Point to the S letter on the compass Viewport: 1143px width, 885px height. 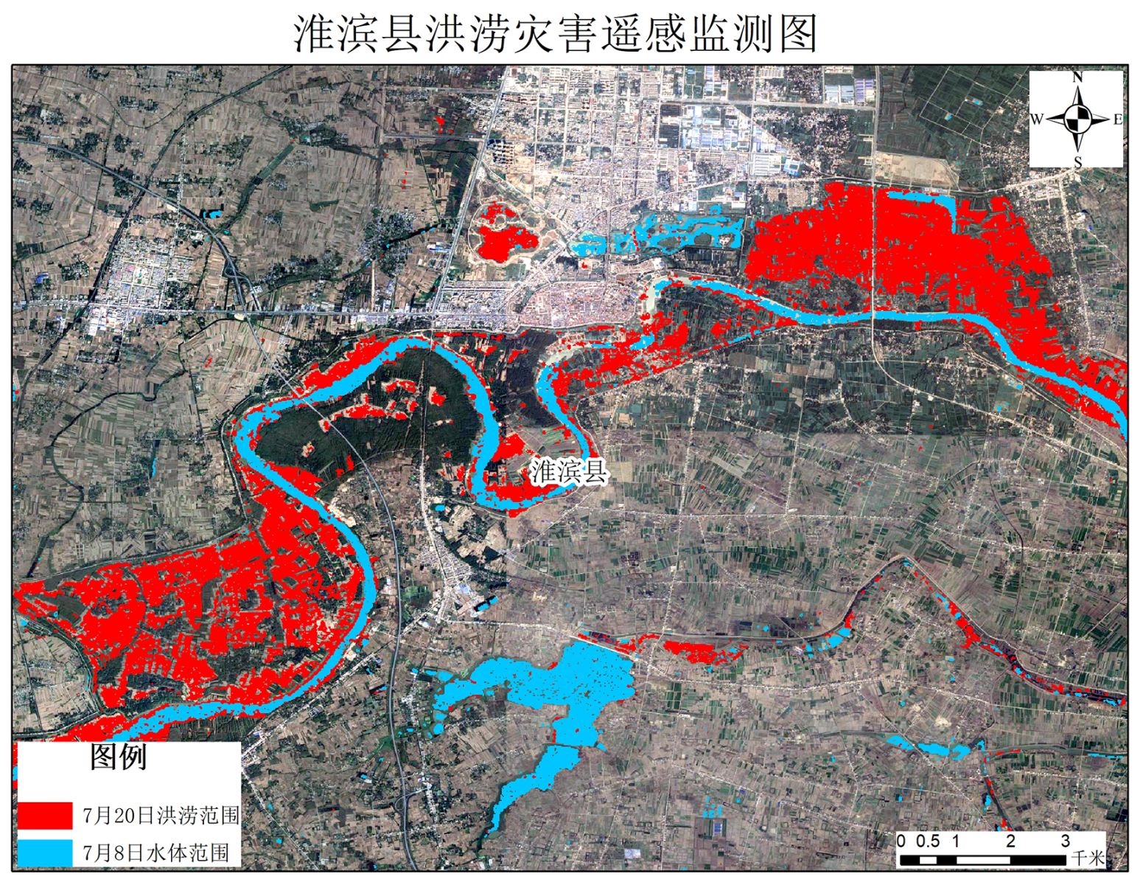[x=1077, y=162]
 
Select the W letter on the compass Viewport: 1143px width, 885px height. [x=1036, y=119]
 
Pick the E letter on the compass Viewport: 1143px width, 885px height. [x=1117, y=119]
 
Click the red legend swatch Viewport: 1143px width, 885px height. [x=46, y=815]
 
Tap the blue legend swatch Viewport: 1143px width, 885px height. [x=46, y=853]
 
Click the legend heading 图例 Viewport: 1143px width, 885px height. [x=119, y=757]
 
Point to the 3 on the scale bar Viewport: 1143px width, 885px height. [x=1065, y=841]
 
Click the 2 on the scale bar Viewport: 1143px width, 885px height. [x=1010, y=841]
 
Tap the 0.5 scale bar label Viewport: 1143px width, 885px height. [x=928, y=841]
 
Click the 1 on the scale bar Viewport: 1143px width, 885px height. [x=955, y=841]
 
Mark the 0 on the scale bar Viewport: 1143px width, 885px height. [x=901, y=841]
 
